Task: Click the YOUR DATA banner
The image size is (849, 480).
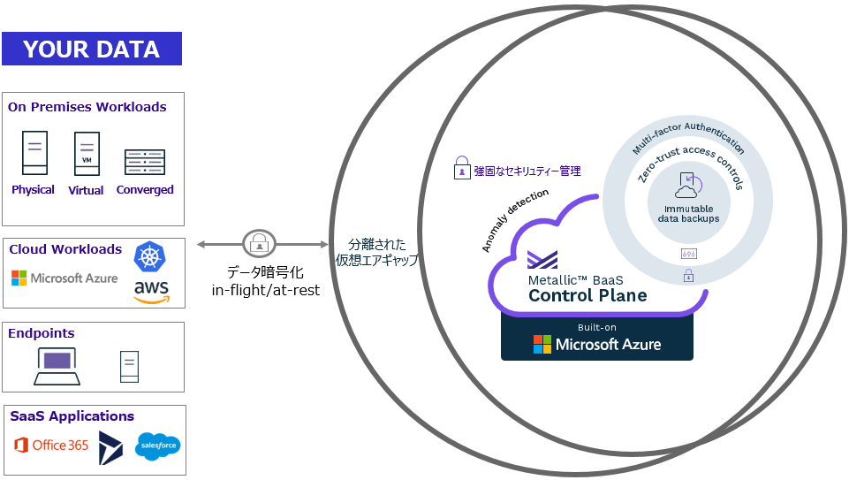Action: (92, 50)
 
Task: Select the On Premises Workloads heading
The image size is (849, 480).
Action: (87, 107)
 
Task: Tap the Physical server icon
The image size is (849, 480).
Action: (35, 153)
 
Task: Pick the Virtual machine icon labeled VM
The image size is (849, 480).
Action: (87, 155)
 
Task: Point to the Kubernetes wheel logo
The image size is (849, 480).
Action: (149, 256)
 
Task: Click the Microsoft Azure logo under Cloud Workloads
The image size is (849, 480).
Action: (64, 278)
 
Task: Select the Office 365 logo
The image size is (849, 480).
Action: (52, 445)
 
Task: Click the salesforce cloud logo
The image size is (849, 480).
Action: (158, 446)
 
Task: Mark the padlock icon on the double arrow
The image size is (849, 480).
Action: (258, 243)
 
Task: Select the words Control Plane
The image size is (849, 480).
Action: (587, 295)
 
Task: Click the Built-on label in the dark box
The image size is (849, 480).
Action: (597, 327)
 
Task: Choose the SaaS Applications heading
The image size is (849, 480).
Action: (72, 416)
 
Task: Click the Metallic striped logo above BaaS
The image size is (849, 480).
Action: (542, 259)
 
